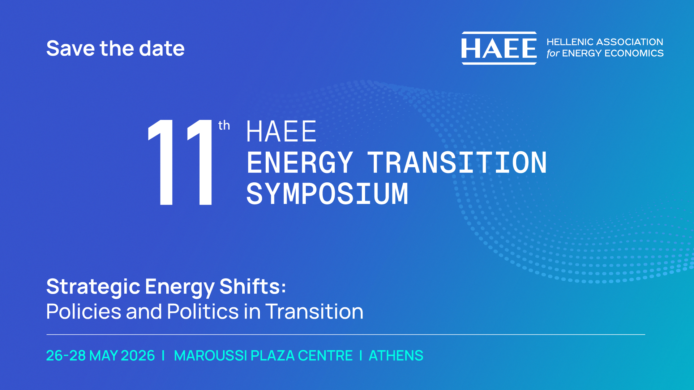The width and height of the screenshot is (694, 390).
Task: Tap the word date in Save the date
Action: [x=162, y=48]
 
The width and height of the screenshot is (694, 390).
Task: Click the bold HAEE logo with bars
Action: [x=499, y=48]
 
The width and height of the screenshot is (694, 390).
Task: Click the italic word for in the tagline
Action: [x=553, y=53]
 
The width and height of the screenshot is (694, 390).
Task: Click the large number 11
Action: [x=180, y=162]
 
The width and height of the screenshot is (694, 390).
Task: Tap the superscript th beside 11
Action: [x=224, y=125]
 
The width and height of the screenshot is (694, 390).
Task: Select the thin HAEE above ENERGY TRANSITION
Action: [x=281, y=131]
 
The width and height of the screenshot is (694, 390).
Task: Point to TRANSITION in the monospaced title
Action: [x=457, y=162]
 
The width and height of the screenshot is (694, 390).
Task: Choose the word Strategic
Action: [x=93, y=287]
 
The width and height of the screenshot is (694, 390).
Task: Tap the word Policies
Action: [x=84, y=311]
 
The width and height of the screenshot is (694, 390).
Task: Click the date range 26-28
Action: [x=66, y=356]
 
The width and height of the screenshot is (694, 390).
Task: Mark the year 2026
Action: [x=138, y=356]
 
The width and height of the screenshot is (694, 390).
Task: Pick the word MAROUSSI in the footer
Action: [x=210, y=356]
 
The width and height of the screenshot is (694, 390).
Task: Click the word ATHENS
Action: [x=396, y=356]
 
